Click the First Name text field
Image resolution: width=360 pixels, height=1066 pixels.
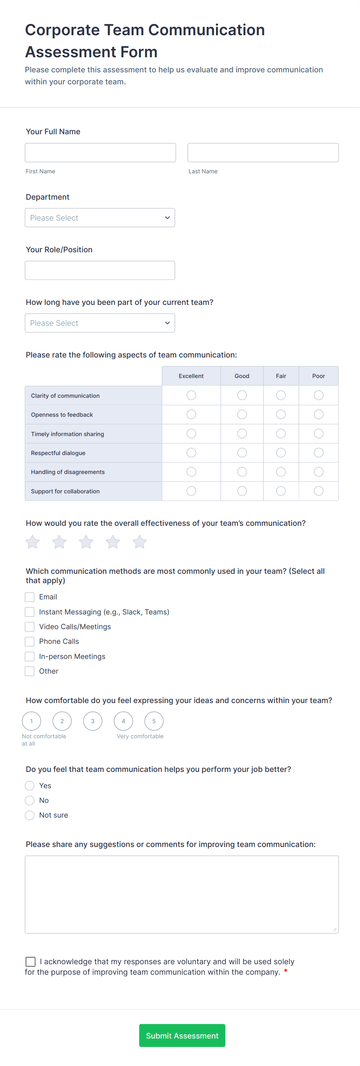tap(100, 153)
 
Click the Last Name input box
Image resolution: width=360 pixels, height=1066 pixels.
tap(263, 153)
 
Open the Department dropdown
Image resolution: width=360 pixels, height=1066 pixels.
tap(100, 218)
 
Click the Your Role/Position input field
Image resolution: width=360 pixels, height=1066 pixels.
tap(100, 270)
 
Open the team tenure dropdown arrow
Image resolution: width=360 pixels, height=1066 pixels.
tap(167, 323)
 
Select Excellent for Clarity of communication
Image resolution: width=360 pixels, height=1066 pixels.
tap(191, 395)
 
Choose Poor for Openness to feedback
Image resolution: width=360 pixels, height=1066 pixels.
tap(318, 414)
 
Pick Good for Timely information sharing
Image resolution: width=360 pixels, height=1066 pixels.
tap(242, 433)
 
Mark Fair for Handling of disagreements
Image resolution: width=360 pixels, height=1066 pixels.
tap(281, 472)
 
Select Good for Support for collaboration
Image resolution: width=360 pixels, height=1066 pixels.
tap(242, 491)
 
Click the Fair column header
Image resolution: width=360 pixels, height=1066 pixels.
tap(281, 376)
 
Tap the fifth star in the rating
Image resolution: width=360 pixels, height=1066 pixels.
tap(139, 542)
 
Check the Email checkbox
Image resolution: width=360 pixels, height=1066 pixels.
tap(30, 597)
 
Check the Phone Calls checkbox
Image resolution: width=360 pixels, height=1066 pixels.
tap(30, 642)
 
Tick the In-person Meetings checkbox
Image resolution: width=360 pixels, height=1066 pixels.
tap(30, 656)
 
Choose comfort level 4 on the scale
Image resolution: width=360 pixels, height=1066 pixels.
tap(123, 721)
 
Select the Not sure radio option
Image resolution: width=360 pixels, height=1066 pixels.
tap(30, 815)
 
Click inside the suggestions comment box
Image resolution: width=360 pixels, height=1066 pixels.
tap(182, 894)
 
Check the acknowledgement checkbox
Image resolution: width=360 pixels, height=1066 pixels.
tap(31, 961)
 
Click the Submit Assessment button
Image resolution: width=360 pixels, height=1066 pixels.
tap(182, 1035)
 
